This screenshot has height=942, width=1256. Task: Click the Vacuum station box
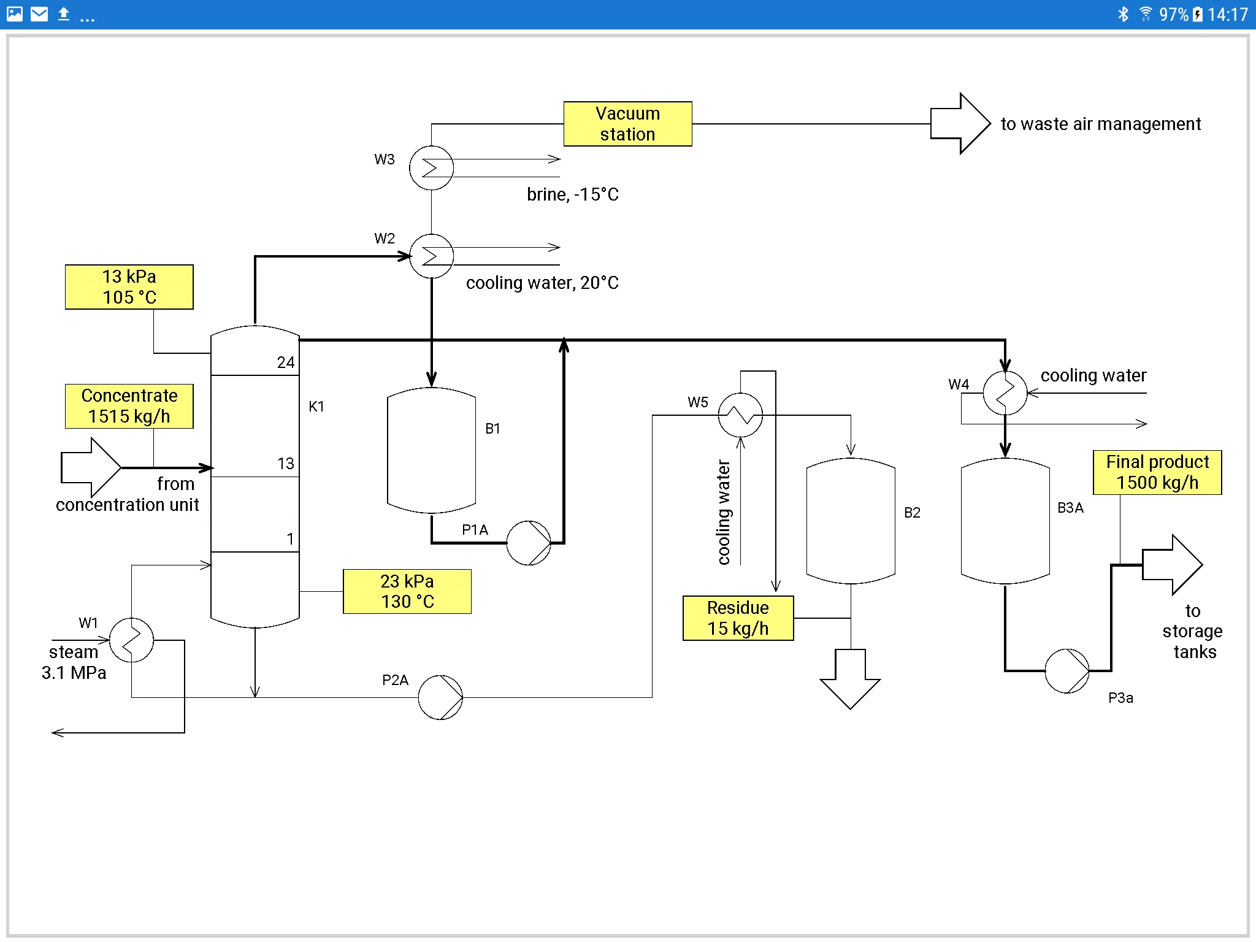click(x=627, y=124)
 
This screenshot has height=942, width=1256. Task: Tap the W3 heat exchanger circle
click(x=432, y=167)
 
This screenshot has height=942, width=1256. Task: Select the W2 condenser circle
click(x=432, y=256)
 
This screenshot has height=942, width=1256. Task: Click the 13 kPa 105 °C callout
click(x=129, y=287)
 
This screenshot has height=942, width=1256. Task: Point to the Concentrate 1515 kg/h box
click(x=129, y=406)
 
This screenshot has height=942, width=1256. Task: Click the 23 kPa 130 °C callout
click(x=407, y=591)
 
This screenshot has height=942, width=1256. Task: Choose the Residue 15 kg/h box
click(x=738, y=618)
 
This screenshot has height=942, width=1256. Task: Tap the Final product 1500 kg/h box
click(x=1157, y=472)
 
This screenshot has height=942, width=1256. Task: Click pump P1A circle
click(x=529, y=543)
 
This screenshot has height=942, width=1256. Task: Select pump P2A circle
click(x=440, y=697)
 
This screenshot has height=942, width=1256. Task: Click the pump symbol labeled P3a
click(x=1067, y=671)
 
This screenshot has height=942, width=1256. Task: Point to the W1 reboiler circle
click(x=131, y=640)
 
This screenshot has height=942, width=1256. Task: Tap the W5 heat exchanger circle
click(x=740, y=415)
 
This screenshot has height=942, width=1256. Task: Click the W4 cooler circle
click(x=1005, y=392)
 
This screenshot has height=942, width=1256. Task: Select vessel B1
click(x=432, y=450)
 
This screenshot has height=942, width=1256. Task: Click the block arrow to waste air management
click(x=960, y=123)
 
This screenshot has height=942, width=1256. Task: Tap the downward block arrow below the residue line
click(x=851, y=679)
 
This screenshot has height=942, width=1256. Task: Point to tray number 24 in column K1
click(x=286, y=362)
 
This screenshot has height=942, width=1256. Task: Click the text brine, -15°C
click(x=573, y=194)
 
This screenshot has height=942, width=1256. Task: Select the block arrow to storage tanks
click(x=1172, y=565)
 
